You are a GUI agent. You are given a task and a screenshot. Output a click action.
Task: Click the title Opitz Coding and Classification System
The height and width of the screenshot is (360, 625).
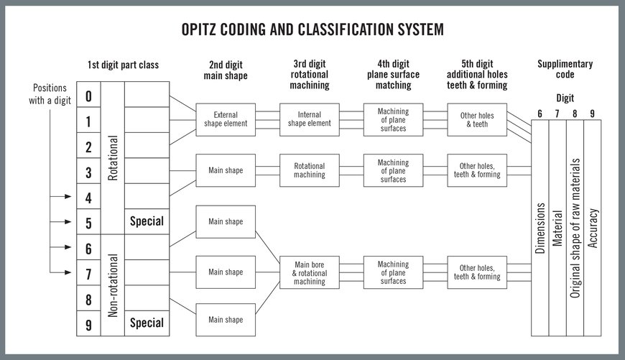(x=312, y=29)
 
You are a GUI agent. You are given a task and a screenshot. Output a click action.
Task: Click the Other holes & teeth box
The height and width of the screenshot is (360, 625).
(x=472, y=119)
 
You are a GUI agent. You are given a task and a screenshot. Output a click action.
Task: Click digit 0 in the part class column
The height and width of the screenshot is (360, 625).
(x=88, y=96)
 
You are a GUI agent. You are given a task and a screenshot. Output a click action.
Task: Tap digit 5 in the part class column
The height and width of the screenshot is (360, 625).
(x=88, y=223)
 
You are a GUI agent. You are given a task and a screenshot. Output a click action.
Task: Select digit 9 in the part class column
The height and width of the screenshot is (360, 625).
(x=88, y=324)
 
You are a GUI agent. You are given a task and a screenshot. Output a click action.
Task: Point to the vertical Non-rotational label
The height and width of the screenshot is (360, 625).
(x=112, y=285)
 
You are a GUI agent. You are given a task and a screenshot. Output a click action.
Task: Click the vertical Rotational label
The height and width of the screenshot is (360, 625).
(x=112, y=158)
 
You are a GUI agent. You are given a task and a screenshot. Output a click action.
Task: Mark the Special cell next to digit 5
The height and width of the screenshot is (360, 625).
(x=147, y=221)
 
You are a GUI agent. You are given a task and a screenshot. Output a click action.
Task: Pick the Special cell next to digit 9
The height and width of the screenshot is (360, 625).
(x=147, y=323)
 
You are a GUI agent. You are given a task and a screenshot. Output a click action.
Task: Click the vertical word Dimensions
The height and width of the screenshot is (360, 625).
(x=540, y=229)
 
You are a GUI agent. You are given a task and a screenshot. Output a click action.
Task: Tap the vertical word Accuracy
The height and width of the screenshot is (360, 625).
(x=593, y=229)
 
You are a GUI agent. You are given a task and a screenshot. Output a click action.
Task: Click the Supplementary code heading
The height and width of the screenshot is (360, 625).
(x=565, y=69)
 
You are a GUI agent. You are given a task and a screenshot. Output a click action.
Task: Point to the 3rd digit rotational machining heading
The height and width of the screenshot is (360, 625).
(x=310, y=75)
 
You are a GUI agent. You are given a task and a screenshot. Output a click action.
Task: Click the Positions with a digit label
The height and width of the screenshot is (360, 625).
(x=52, y=93)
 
